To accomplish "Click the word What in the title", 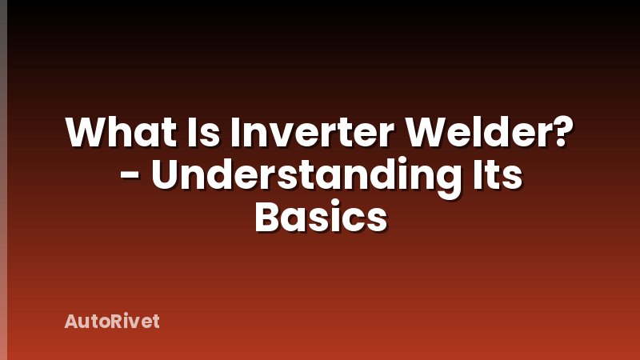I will coord(117,134).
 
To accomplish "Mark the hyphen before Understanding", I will coord(130,178).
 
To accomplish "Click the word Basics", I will coord(320,217).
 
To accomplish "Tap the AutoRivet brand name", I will coord(112,322).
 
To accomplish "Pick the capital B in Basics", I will coord(266,217).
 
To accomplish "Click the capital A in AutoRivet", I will coord(70,322).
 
